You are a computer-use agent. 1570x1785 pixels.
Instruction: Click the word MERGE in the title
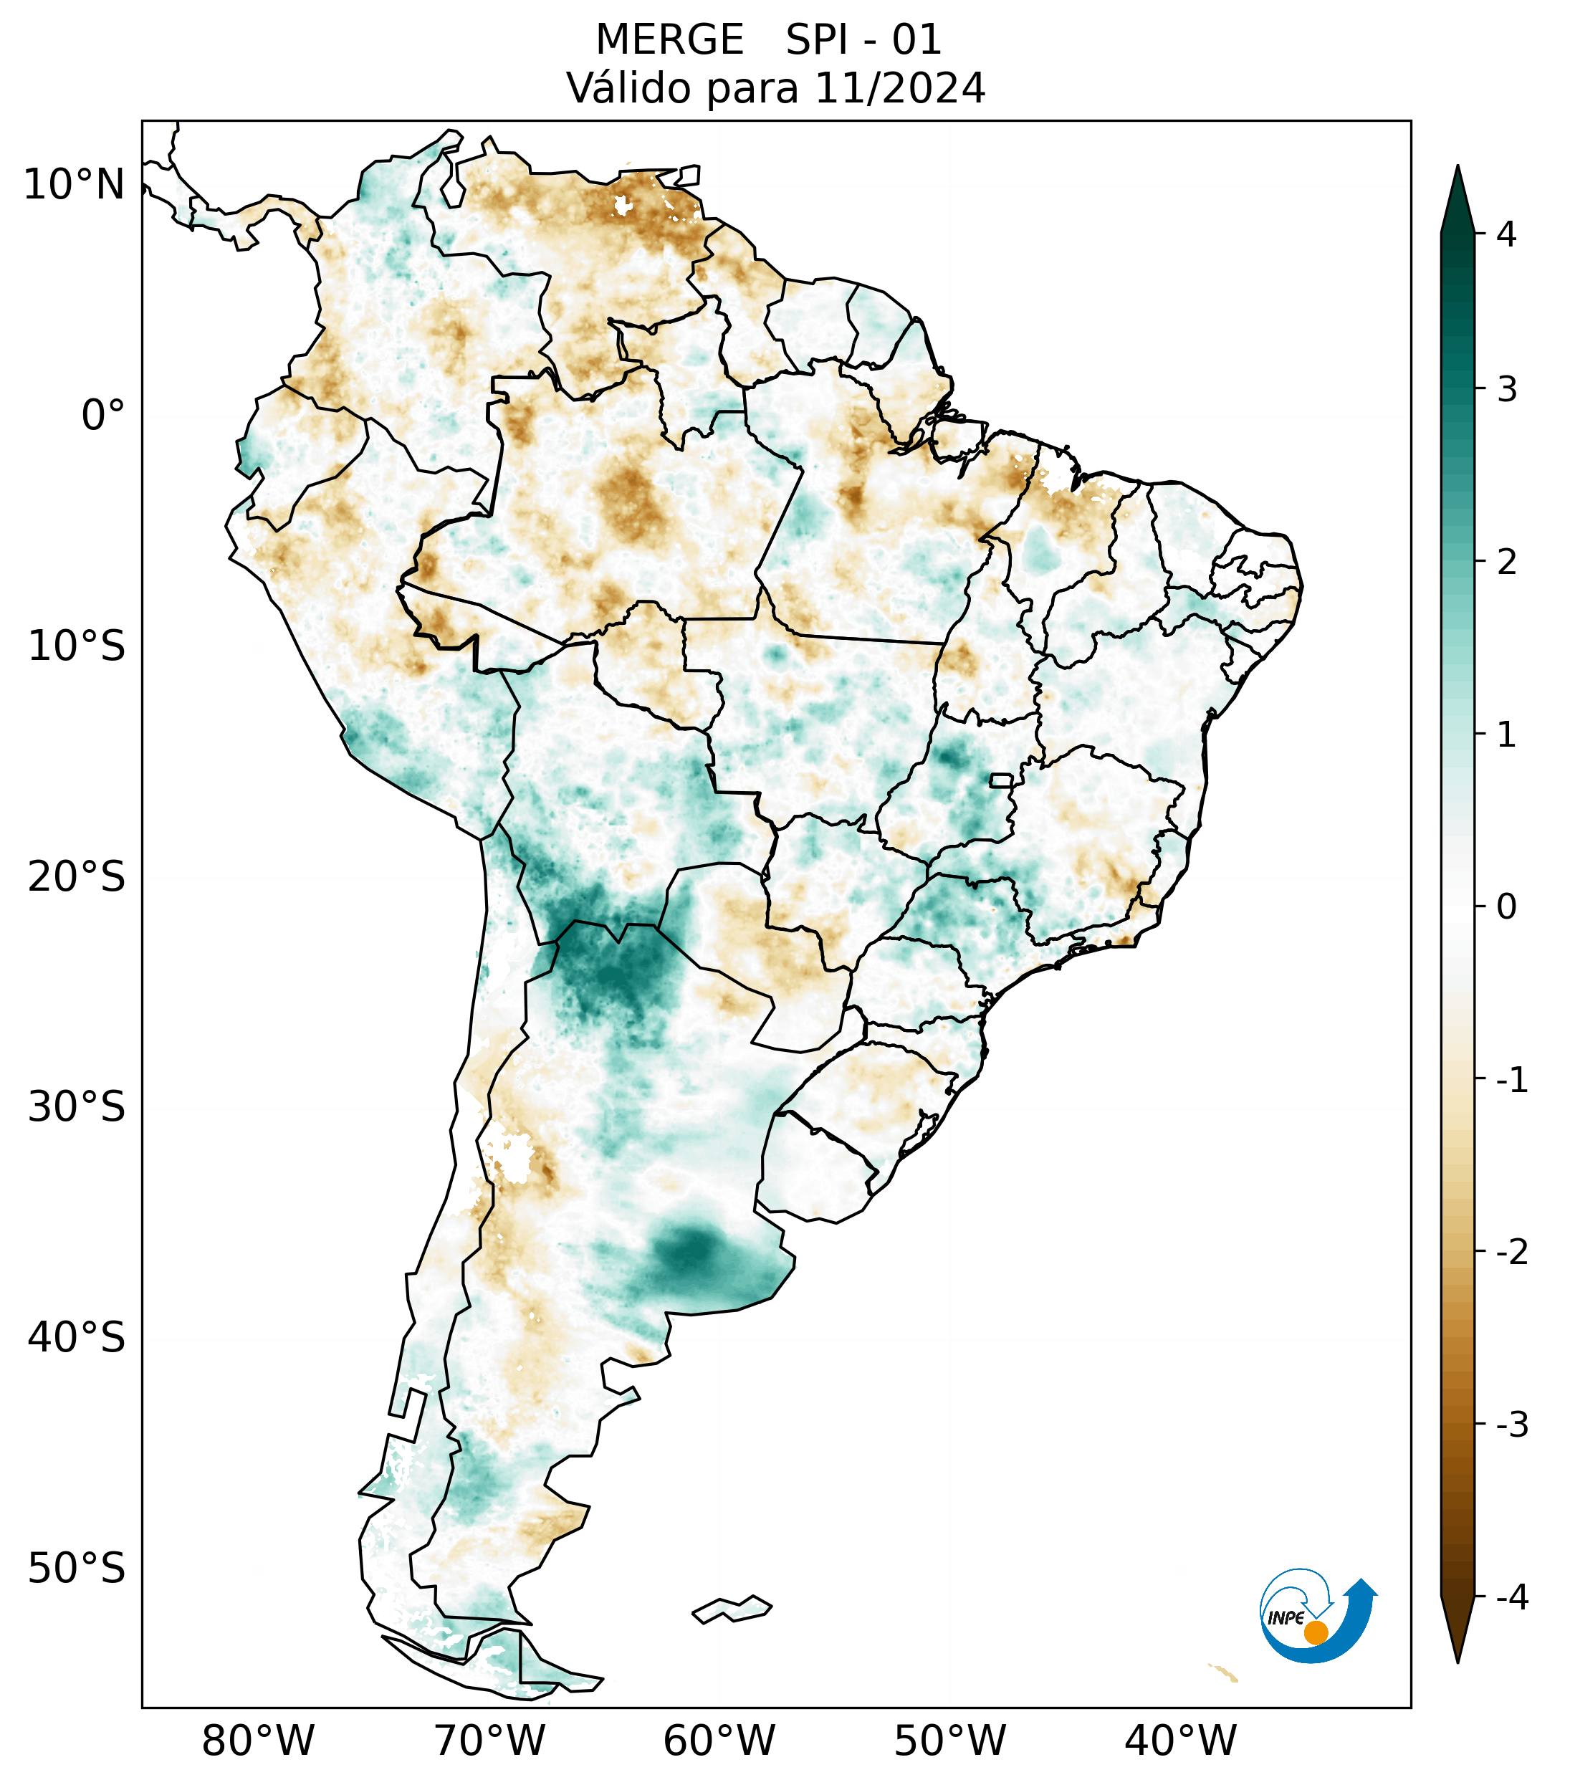[x=670, y=40]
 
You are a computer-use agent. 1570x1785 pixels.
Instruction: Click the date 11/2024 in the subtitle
[x=900, y=88]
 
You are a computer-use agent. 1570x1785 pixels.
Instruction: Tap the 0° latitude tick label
[x=103, y=415]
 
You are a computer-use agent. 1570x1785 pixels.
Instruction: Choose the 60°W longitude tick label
[x=719, y=1741]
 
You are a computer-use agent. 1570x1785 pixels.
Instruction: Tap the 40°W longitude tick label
[x=1181, y=1741]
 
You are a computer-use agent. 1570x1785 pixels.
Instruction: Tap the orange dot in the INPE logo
[x=1316, y=1632]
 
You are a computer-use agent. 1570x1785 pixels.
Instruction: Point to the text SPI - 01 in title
[x=863, y=40]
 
